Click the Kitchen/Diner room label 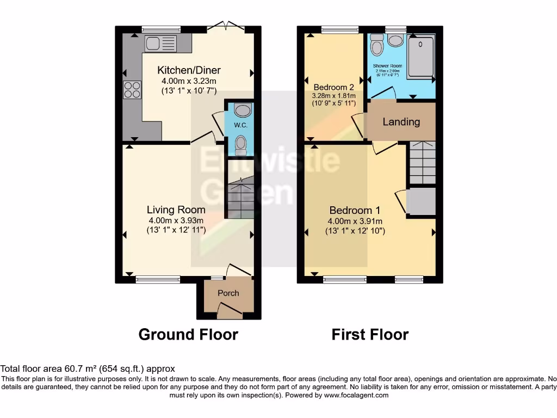click(189, 70)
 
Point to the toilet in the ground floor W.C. click(240, 145)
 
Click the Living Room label click(176, 210)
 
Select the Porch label click(228, 293)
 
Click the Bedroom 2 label click(333, 87)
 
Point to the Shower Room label click(387, 66)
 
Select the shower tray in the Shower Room click(420, 56)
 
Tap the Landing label click(401, 121)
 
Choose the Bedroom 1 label click(355, 210)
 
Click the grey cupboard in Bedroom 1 click(421, 201)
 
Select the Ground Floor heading click(188, 334)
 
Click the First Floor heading click(370, 334)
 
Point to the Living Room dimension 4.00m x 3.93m click(176, 220)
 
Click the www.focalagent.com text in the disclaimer click(356, 395)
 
